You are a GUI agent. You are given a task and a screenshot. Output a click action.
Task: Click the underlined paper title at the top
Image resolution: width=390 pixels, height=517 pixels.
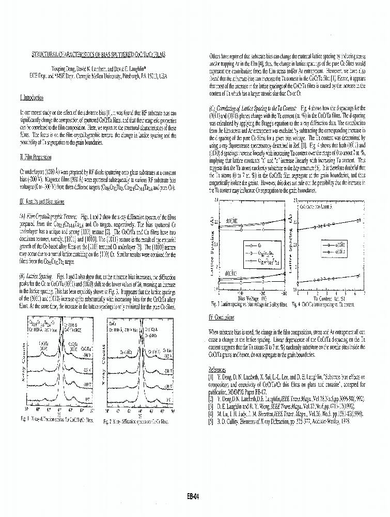coord(98,54)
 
